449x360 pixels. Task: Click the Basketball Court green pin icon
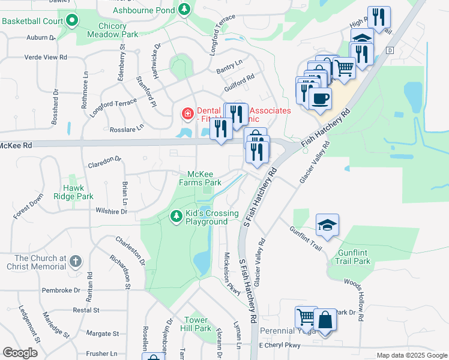(x=73, y=21)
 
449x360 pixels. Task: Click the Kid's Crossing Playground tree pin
(x=176, y=214)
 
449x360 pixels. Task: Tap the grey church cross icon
(x=74, y=261)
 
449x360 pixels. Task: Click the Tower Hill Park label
(x=197, y=324)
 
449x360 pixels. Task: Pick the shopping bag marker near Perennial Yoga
(x=325, y=320)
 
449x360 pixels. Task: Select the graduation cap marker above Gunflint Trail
(x=327, y=224)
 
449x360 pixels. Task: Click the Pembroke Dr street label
(x=61, y=290)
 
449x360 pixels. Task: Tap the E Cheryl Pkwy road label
(x=279, y=345)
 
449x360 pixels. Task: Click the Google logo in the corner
(x=20, y=353)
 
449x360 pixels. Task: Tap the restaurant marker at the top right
(x=378, y=17)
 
